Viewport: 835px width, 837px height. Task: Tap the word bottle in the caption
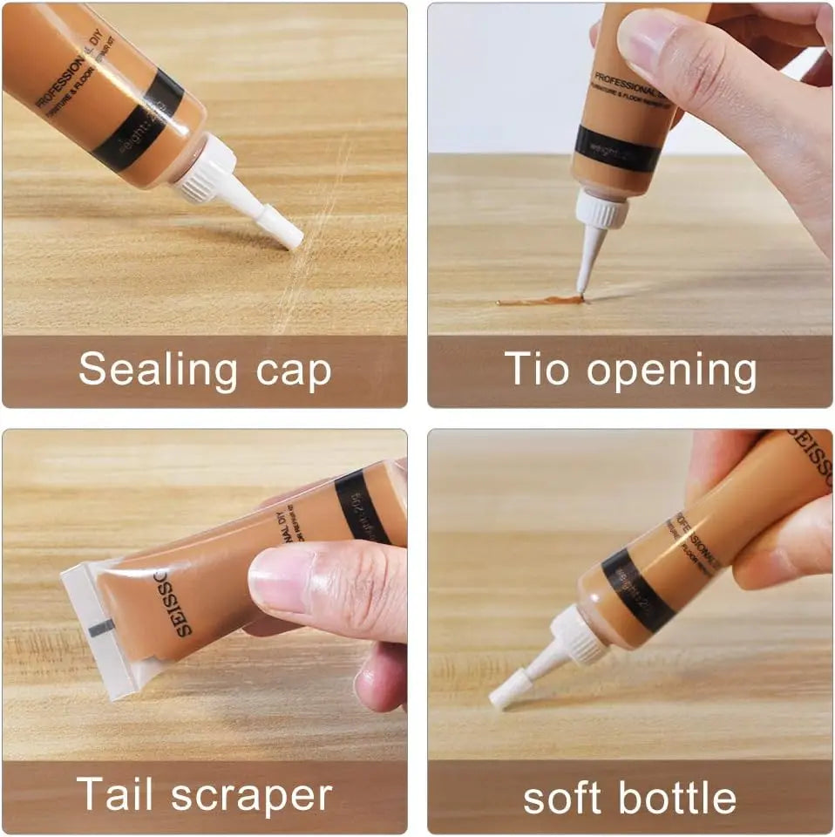point(680,798)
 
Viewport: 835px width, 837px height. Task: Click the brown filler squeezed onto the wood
point(540,301)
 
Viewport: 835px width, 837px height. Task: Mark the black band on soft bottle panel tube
point(637,589)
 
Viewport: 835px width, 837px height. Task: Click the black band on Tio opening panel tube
point(617,149)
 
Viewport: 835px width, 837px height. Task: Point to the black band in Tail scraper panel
point(361,507)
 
